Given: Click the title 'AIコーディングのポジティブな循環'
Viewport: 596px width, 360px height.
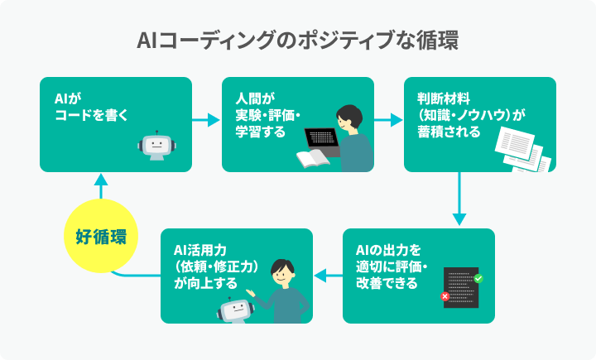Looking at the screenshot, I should (x=298, y=41).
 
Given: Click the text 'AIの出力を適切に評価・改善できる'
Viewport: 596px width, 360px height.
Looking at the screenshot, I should (x=390, y=266).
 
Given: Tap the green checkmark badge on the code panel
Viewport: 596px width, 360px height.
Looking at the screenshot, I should (x=478, y=278).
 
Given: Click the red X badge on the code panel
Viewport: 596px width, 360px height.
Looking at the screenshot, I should (x=445, y=295).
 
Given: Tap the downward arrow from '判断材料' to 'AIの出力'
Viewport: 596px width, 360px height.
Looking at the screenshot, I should (x=459, y=199).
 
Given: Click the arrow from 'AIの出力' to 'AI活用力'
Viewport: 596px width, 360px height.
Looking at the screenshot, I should (x=328, y=275).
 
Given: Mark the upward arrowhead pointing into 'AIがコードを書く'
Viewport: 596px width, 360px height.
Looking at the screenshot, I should (x=101, y=178).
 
